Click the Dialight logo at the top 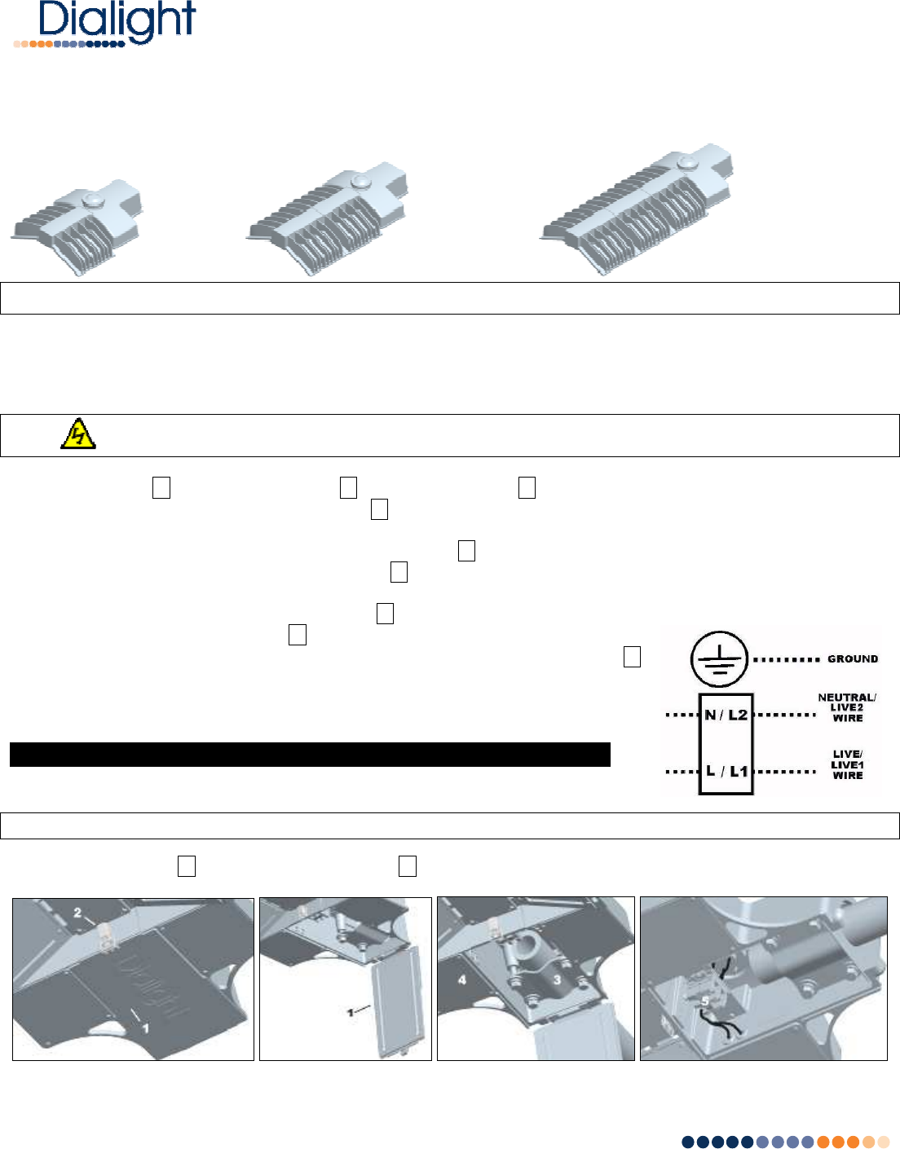[x=104, y=24]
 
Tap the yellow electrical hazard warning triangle [x=78, y=434]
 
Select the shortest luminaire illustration [x=77, y=227]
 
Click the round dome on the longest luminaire [x=688, y=161]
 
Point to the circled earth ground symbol [x=719, y=658]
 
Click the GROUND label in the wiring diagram [x=853, y=658]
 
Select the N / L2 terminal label [x=726, y=715]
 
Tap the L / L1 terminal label [x=726, y=771]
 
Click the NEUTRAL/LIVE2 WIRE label [x=847, y=707]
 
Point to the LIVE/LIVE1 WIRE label [x=848, y=764]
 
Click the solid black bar [x=310, y=754]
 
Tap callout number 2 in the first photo [x=77, y=912]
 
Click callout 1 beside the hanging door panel [x=350, y=1012]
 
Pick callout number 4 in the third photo [x=462, y=980]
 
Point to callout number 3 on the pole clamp [x=557, y=980]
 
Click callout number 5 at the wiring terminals [x=705, y=1001]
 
